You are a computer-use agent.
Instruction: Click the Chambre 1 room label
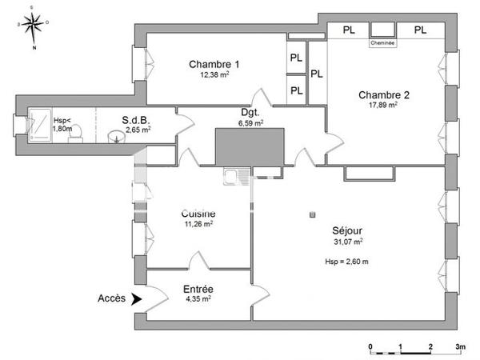point(214,64)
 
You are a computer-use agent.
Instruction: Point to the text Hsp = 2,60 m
point(346,262)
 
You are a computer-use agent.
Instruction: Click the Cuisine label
point(198,214)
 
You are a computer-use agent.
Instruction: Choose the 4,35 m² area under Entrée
point(198,299)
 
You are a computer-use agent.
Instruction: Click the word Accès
point(111,298)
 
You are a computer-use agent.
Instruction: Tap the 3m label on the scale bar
point(461,347)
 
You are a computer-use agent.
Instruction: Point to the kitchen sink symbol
point(237,176)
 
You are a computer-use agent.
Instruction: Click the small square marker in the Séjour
point(312,214)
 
